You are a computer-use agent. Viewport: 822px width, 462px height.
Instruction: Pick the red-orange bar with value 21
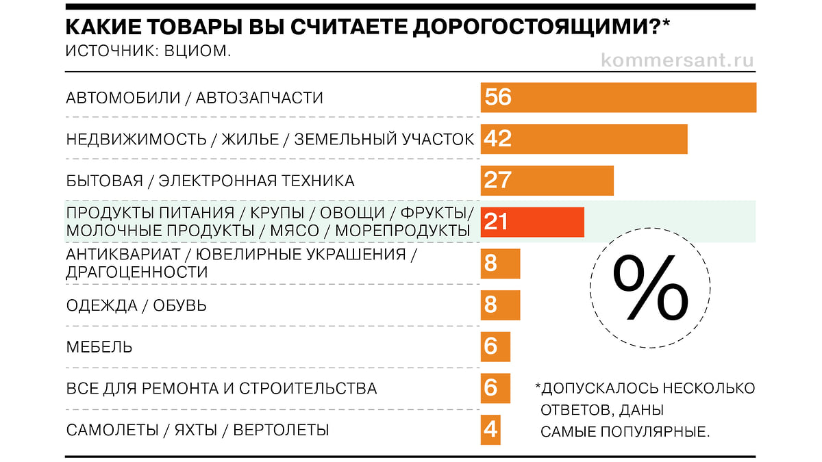point(532,222)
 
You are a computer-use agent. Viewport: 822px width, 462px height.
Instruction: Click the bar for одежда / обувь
point(500,305)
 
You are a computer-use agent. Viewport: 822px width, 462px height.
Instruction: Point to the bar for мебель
point(495,346)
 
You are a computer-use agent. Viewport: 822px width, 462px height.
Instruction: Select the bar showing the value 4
point(490,430)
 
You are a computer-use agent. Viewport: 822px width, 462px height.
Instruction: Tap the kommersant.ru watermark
point(677,60)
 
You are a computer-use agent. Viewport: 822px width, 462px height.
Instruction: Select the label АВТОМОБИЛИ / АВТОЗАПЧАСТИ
point(195,98)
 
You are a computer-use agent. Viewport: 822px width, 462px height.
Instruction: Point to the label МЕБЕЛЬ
point(99,347)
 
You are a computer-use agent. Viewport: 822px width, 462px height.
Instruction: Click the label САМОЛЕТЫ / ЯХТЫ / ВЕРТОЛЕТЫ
point(197,431)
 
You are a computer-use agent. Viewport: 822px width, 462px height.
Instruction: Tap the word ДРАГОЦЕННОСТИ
point(136,272)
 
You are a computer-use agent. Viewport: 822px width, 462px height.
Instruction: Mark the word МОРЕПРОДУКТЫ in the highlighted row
point(402,231)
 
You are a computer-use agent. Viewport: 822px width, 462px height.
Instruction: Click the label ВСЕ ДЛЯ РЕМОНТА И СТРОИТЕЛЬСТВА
point(221,389)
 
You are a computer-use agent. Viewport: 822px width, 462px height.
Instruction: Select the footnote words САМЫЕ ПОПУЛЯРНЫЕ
point(625,432)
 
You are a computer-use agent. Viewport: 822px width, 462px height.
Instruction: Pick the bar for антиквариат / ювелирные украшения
point(500,264)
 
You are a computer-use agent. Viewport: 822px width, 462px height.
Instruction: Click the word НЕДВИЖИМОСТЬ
point(136,140)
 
